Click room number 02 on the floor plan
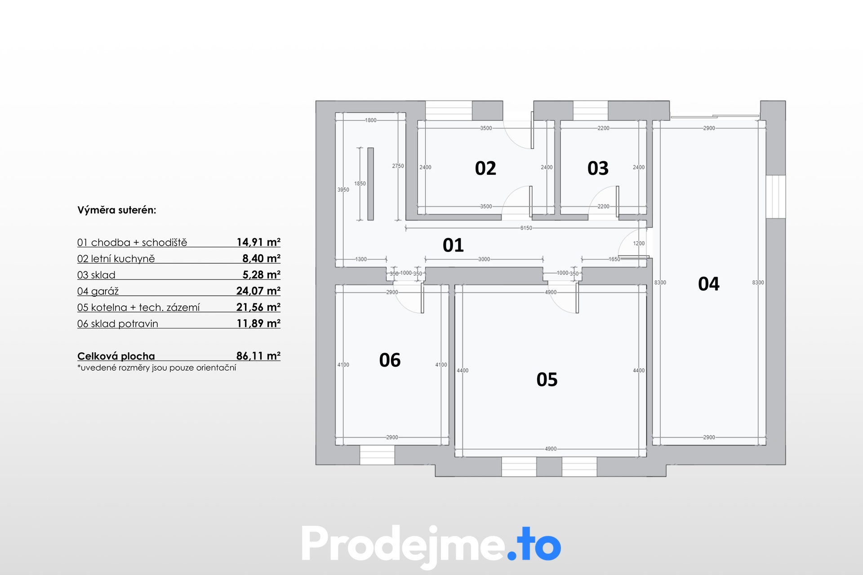(x=485, y=168)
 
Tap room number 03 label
(x=598, y=168)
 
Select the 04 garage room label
(x=709, y=284)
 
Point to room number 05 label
(x=547, y=380)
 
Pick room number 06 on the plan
(x=390, y=360)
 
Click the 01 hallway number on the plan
(x=453, y=245)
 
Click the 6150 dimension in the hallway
(x=526, y=228)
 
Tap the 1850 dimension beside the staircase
(x=360, y=184)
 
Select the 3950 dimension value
(x=343, y=190)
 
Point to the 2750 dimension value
(x=398, y=166)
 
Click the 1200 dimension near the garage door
(x=639, y=243)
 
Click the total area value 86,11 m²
(x=258, y=356)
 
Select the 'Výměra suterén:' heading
(x=117, y=210)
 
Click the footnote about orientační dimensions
(x=156, y=368)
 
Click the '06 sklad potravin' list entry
(x=118, y=324)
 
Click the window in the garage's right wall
(x=776, y=197)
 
